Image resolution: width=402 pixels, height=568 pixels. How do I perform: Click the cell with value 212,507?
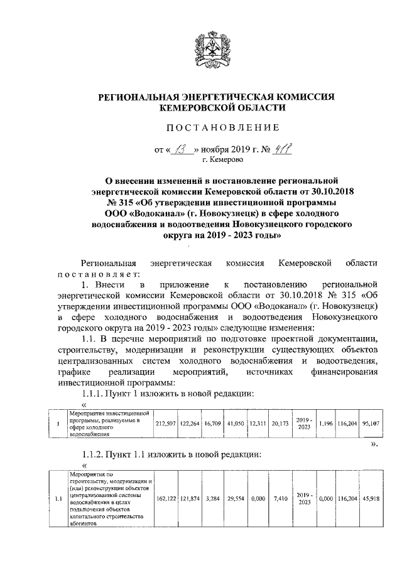[x=165, y=422]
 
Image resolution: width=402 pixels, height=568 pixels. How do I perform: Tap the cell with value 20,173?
[x=280, y=422]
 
